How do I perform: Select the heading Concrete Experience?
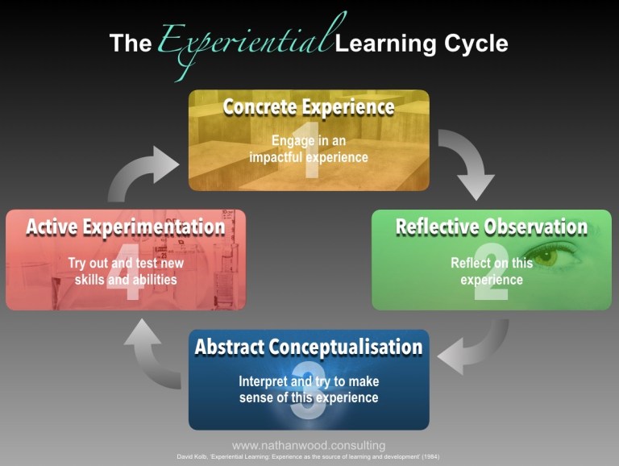(309, 107)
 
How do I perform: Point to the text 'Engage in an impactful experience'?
(309, 148)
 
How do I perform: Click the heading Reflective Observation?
(491, 227)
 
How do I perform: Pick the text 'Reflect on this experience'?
(492, 271)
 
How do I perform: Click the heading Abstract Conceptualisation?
(309, 347)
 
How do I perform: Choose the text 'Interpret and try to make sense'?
(309, 389)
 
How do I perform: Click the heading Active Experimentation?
(126, 227)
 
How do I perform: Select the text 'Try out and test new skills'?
(126, 272)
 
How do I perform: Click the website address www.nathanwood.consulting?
(309, 445)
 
